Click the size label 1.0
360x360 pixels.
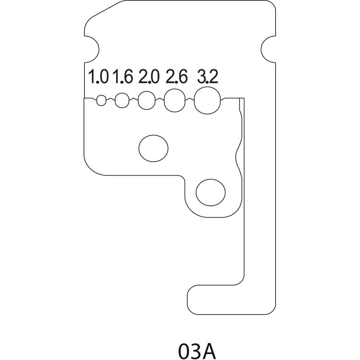(98, 76)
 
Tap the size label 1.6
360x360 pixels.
(123, 76)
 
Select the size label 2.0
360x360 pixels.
(149, 76)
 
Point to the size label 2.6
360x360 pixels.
(176, 76)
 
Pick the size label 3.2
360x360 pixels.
(208, 76)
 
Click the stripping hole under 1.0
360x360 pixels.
(101, 100)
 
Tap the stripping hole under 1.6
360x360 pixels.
(122, 100)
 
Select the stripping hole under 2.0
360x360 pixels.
(147, 100)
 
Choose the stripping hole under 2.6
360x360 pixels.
(174, 100)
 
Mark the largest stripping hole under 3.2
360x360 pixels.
(208, 100)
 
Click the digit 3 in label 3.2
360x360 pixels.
(202, 76)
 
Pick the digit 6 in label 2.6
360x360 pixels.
(182, 76)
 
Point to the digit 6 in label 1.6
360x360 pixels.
(128, 76)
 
